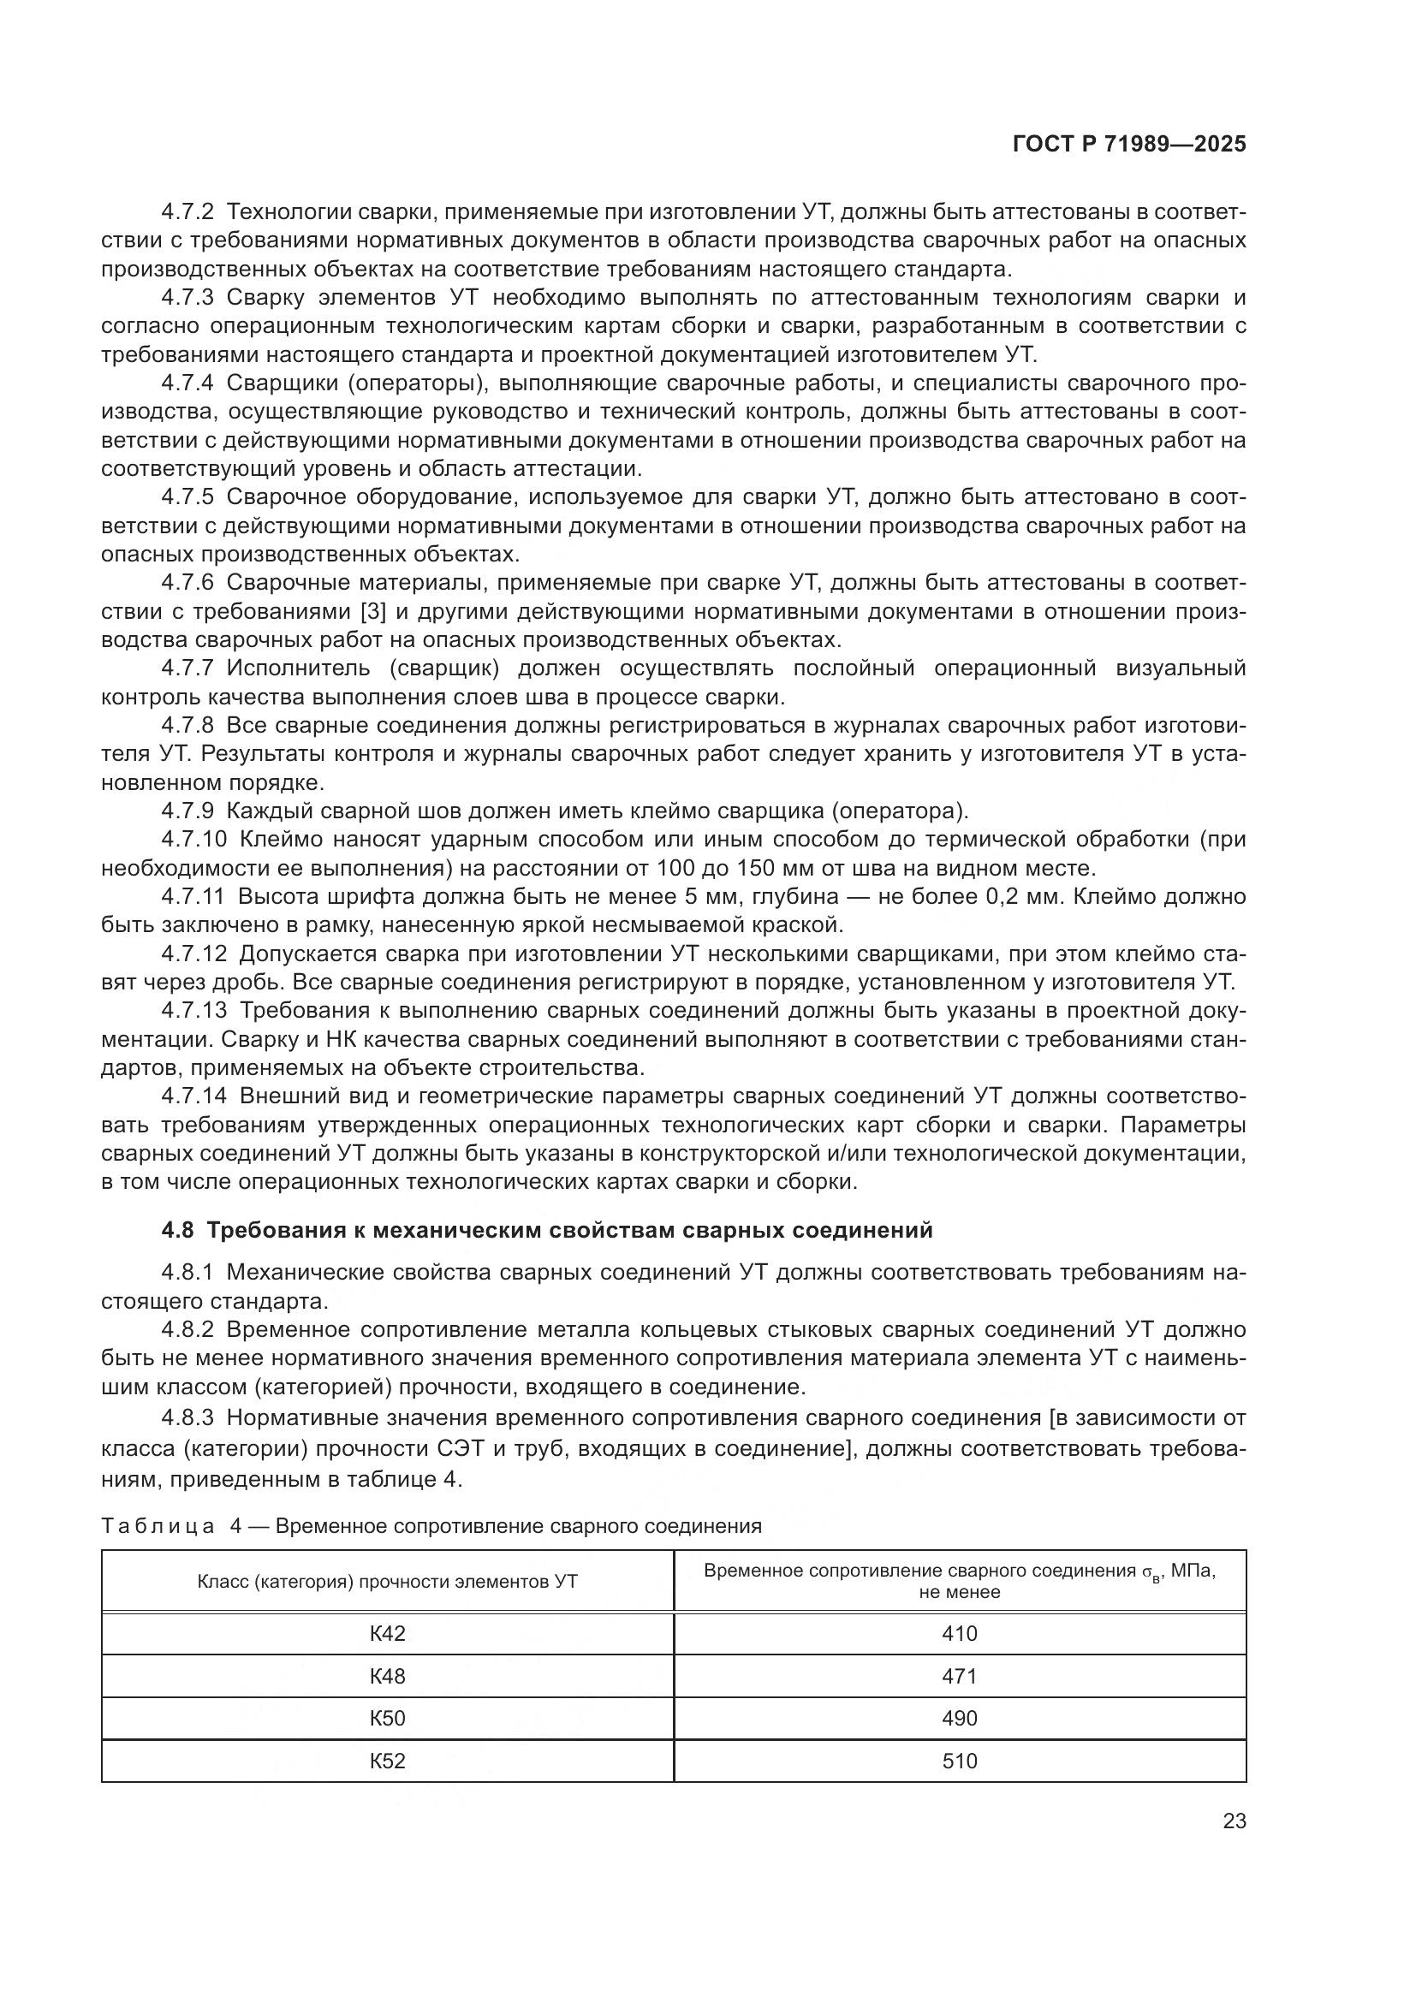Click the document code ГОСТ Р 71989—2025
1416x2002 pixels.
(1129, 145)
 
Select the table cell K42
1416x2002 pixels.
(387, 1633)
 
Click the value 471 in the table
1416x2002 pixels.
(959, 1676)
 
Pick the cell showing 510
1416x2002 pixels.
(959, 1761)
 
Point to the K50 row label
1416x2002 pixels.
(387, 1718)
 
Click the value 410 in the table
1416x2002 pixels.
(959, 1633)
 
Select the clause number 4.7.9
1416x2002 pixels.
(187, 811)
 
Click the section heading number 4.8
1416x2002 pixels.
(178, 1229)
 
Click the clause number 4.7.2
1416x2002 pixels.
(187, 212)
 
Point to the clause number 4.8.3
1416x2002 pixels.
(187, 1417)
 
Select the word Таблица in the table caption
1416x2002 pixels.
(158, 1526)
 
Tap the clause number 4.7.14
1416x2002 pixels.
(193, 1096)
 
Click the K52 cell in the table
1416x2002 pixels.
(387, 1761)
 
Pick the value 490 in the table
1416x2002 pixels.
(959, 1718)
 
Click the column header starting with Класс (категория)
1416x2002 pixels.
(387, 1581)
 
